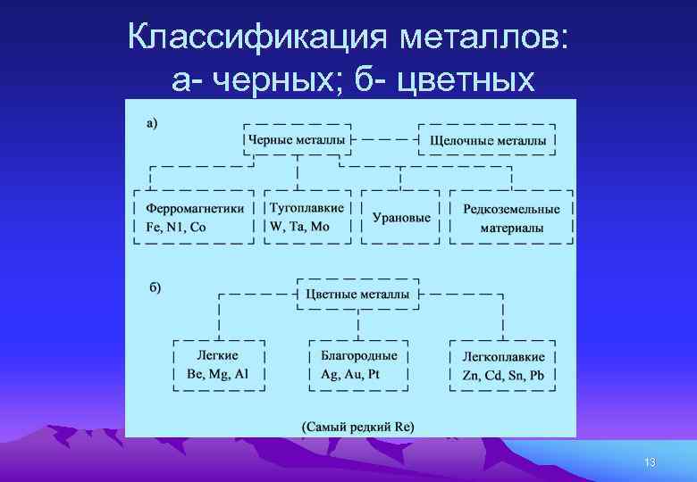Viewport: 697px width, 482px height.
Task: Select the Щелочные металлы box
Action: point(488,140)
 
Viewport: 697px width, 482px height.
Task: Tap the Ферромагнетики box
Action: point(194,217)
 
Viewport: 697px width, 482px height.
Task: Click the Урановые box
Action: point(400,217)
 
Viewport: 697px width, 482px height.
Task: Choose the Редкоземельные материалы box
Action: point(511,217)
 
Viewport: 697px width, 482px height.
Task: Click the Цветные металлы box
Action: point(357,294)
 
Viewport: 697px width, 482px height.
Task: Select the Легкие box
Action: point(217,364)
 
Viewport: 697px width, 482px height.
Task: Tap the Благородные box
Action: point(358,364)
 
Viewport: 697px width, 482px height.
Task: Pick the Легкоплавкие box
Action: point(503,364)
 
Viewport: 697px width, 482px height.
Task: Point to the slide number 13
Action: point(650,462)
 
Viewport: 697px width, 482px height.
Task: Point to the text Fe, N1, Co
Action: point(176,227)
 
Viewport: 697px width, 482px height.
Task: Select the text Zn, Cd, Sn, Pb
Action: point(503,375)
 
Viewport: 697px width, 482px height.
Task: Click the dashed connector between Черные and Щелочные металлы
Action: point(385,140)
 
